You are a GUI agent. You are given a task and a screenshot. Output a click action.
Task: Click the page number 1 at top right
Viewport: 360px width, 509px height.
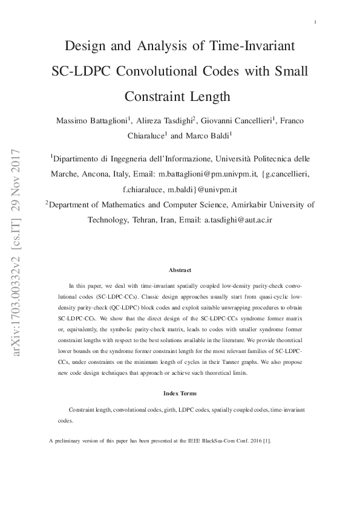[316, 22]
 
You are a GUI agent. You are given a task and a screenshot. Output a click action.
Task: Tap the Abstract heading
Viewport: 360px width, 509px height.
[180, 270]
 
